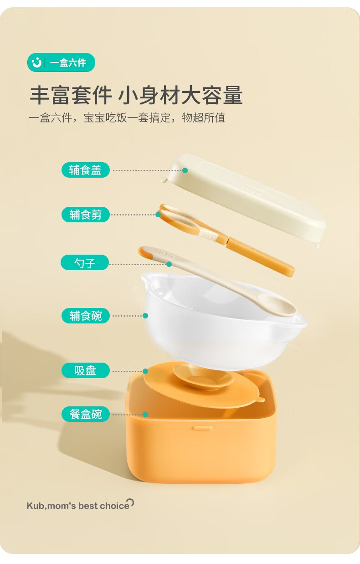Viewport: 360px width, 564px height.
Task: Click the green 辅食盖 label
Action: tap(85, 170)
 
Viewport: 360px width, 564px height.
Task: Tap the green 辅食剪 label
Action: tap(85, 215)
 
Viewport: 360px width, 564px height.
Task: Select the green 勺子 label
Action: tap(85, 262)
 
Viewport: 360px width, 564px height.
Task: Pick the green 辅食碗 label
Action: tap(85, 316)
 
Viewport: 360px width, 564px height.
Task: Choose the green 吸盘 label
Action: tap(85, 370)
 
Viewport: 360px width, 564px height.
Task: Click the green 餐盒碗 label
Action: tap(85, 414)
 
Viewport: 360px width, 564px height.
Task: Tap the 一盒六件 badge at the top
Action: tap(61, 62)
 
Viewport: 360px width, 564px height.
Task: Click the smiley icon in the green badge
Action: tap(37, 62)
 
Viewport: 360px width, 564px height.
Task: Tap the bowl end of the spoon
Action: tap(277, 305)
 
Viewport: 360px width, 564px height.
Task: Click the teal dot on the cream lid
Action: tap(185, 170)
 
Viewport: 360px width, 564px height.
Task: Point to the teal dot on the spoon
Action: tap(169, 264)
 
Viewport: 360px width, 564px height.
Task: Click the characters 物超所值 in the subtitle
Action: tap(204, 118)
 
